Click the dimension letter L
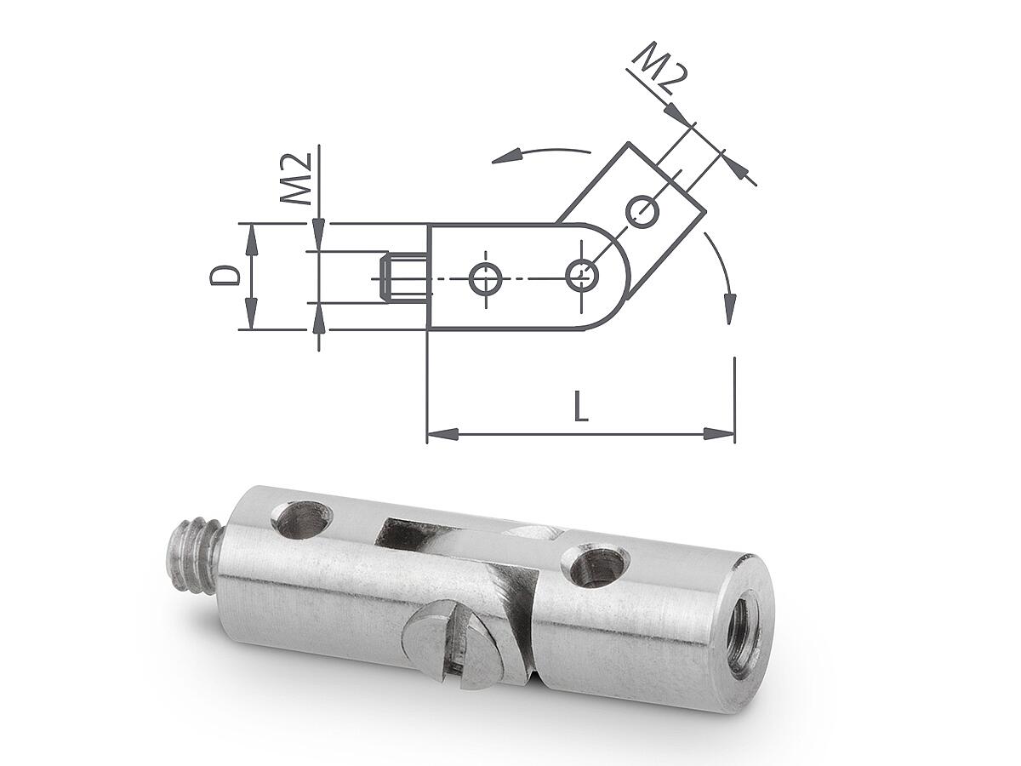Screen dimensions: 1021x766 [x=581, y=406]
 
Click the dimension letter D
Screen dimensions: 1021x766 [x=225, y=275]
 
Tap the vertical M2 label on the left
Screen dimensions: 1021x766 [x=295, y=179]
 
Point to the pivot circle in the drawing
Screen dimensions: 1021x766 [x=582, y=274]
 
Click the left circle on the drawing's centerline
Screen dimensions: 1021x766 [x=486, y=278]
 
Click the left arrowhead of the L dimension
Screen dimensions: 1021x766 [x=442, y=434]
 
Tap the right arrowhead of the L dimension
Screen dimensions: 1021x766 [x=719, y=434]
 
